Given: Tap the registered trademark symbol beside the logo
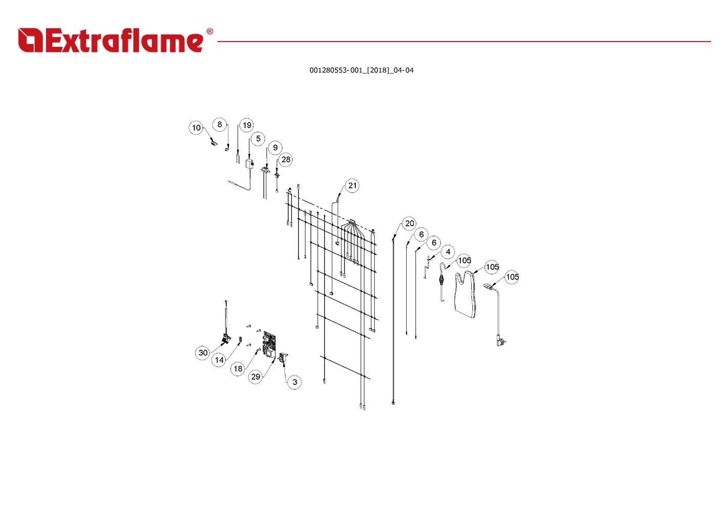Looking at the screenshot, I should pyautogui.click(x=209, y=32).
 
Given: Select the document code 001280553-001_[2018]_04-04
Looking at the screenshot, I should pyautogui.click(x=361, y=70).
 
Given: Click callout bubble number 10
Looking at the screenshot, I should pyautogui.click(x=196, y=128).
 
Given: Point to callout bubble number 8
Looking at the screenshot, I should pyautogui.click(x=219, y=124).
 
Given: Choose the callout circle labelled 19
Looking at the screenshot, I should pyautogui.click(x=247, y=125).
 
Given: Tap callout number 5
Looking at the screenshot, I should pyautogui.click(x=258, y=139).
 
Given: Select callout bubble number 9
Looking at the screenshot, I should pyautogui.click(x=275, y=148).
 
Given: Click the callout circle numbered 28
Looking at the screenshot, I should pyautogui.click(x=286, y=160).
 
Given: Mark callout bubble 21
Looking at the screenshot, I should pyautogui.click(x=352, y=186).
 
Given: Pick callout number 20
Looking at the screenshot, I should pyautogui.click(x=409, y=223).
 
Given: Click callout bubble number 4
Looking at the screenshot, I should pyautogui.click(x=448, y=252).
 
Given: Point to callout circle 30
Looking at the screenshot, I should pyautogui.click(x=203, y=352).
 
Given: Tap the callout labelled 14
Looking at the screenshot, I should pyautogui.click(x=219, y=360).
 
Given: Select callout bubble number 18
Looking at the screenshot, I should pyautogui.click(x=238, y=368).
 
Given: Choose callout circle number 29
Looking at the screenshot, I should pyautogui.click(x=255, y=377).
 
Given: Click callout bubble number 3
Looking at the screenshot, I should pyautogui.click(x=294, y=382).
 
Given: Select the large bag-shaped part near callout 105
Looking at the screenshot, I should pyautogui.click(x=466, y=294).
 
